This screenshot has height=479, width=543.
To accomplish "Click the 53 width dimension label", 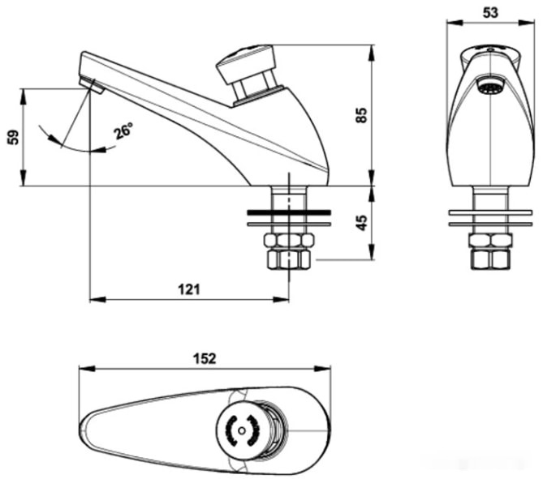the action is pos(490,13).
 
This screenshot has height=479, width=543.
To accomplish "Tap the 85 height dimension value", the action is pos(361,115).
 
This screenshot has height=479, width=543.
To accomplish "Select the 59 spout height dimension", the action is pos(14,137).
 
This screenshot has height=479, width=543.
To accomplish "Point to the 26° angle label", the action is pos(123,130).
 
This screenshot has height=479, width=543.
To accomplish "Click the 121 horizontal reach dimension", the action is pos(189,289).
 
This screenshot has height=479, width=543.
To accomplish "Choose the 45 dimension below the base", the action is pos(361,223).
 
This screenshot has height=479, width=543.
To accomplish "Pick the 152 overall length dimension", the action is pos(205,359).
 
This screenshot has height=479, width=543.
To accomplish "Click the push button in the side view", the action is pos(247,63).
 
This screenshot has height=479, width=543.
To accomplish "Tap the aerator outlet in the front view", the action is pos(490,86).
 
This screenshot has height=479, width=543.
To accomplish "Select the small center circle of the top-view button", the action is pos(242,430).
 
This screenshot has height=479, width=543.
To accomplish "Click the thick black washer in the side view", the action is pos(289,212).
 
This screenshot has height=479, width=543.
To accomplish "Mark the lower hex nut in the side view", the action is pos(289,259).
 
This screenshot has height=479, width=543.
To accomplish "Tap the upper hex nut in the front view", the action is pos(490,241).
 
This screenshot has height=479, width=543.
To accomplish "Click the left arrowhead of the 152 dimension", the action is pos(87,368).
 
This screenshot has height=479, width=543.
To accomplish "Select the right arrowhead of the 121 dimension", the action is pos(281,300).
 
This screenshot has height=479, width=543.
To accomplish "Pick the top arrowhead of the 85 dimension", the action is pos(373,53).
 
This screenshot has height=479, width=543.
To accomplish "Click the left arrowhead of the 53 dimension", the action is pos(455,23).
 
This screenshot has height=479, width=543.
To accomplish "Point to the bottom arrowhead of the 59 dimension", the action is pos(24,178).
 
